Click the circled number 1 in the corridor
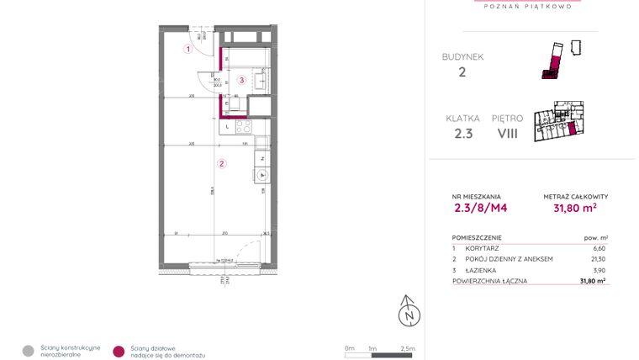(x=189, y=49)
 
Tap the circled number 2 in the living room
(x=222, y=164)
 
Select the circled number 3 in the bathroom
(x=241, y=81)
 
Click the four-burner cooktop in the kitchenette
(x=243, y=127)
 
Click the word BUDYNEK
(x=462, y=56)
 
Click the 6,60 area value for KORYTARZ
(x=599, y=248)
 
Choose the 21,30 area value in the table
(x=598, y=259)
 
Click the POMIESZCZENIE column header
(x=478, y=237)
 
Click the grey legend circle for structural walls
(x=29, y=351)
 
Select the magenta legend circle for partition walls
(x=119, y=351)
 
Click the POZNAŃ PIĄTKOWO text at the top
(x=530, y=6)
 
